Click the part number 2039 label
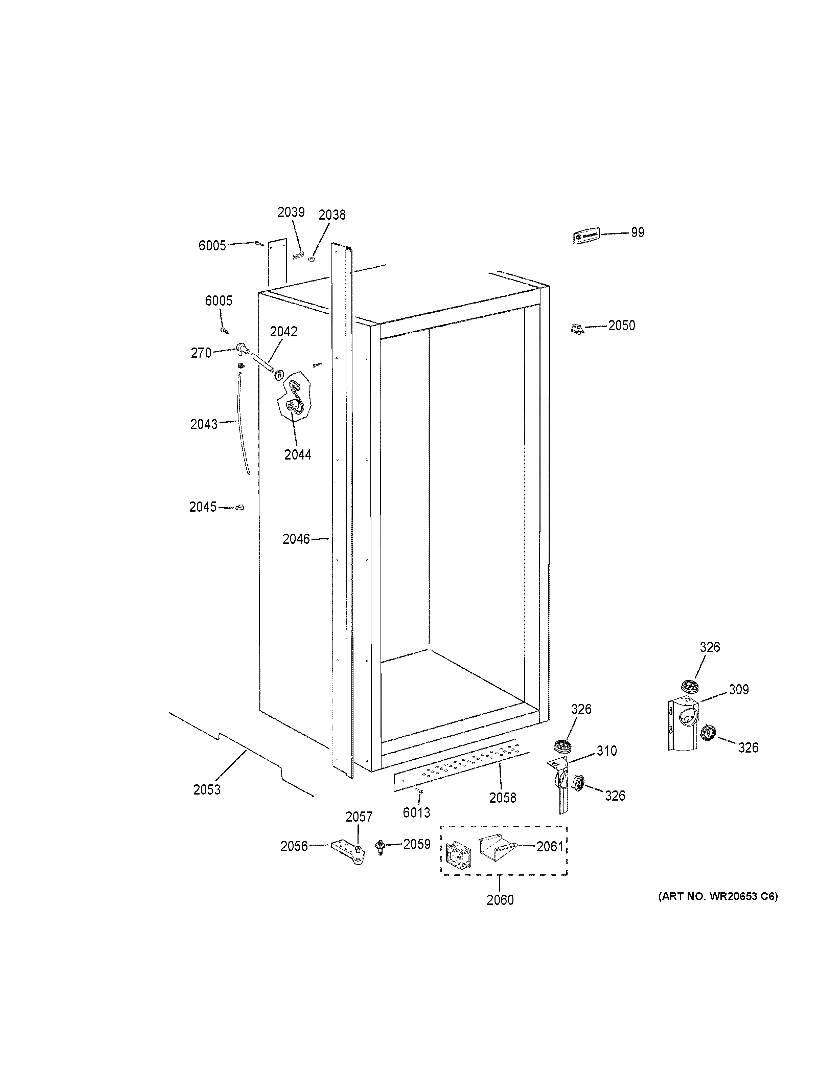tap(291, 212)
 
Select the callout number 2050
tap(621, 326)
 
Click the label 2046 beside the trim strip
tap(296, 539)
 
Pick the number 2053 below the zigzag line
tap(207, 790)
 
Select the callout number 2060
tap(500, 900)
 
